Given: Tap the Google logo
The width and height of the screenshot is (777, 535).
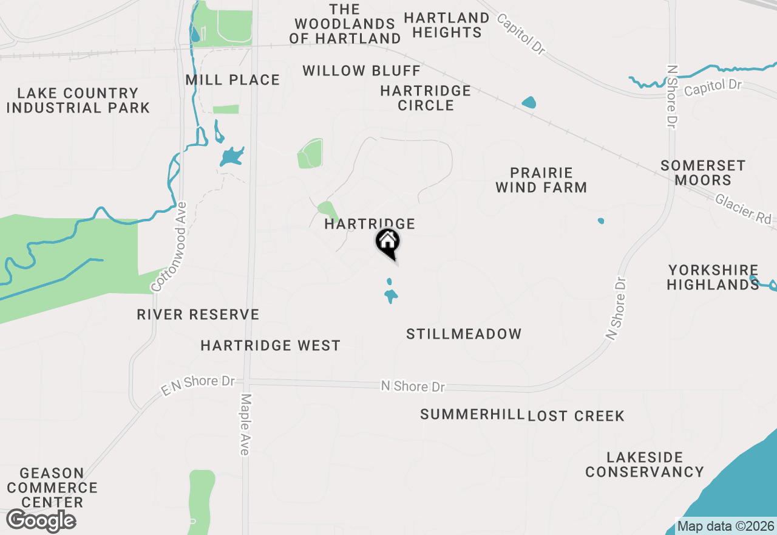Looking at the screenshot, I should click(x=41, y=521).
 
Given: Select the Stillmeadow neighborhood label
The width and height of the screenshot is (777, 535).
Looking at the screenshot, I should click(x=464, y=334).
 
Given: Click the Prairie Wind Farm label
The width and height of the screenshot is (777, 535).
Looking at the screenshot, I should click(x=541, y=180).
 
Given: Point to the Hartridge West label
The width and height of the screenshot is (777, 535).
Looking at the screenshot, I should click(x=270, y=345).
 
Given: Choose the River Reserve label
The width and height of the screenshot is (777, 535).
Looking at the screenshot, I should click(x=198, y=314).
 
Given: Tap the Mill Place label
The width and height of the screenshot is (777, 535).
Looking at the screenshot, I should click(x=232, y=80).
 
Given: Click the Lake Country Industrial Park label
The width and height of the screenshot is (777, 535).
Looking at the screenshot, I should click(x=78, y=100).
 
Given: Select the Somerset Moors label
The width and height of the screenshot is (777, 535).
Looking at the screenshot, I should click(x=703, y=173).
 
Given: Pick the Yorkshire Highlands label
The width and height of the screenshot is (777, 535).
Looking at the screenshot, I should click(x=713, y=277).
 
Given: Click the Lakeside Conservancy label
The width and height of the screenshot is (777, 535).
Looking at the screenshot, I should click(x=645, y=464).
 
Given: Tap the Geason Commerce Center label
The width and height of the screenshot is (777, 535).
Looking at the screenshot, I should click(x=52, y=488).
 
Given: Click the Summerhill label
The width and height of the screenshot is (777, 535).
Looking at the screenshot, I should click(x=472, y=415).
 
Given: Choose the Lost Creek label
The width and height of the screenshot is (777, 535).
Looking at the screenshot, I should click(x=576, y=416).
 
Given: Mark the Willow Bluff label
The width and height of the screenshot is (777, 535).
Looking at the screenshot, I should click(x=361, y=71).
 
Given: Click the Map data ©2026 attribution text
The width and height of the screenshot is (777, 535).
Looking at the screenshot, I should click(x=725, y=526).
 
